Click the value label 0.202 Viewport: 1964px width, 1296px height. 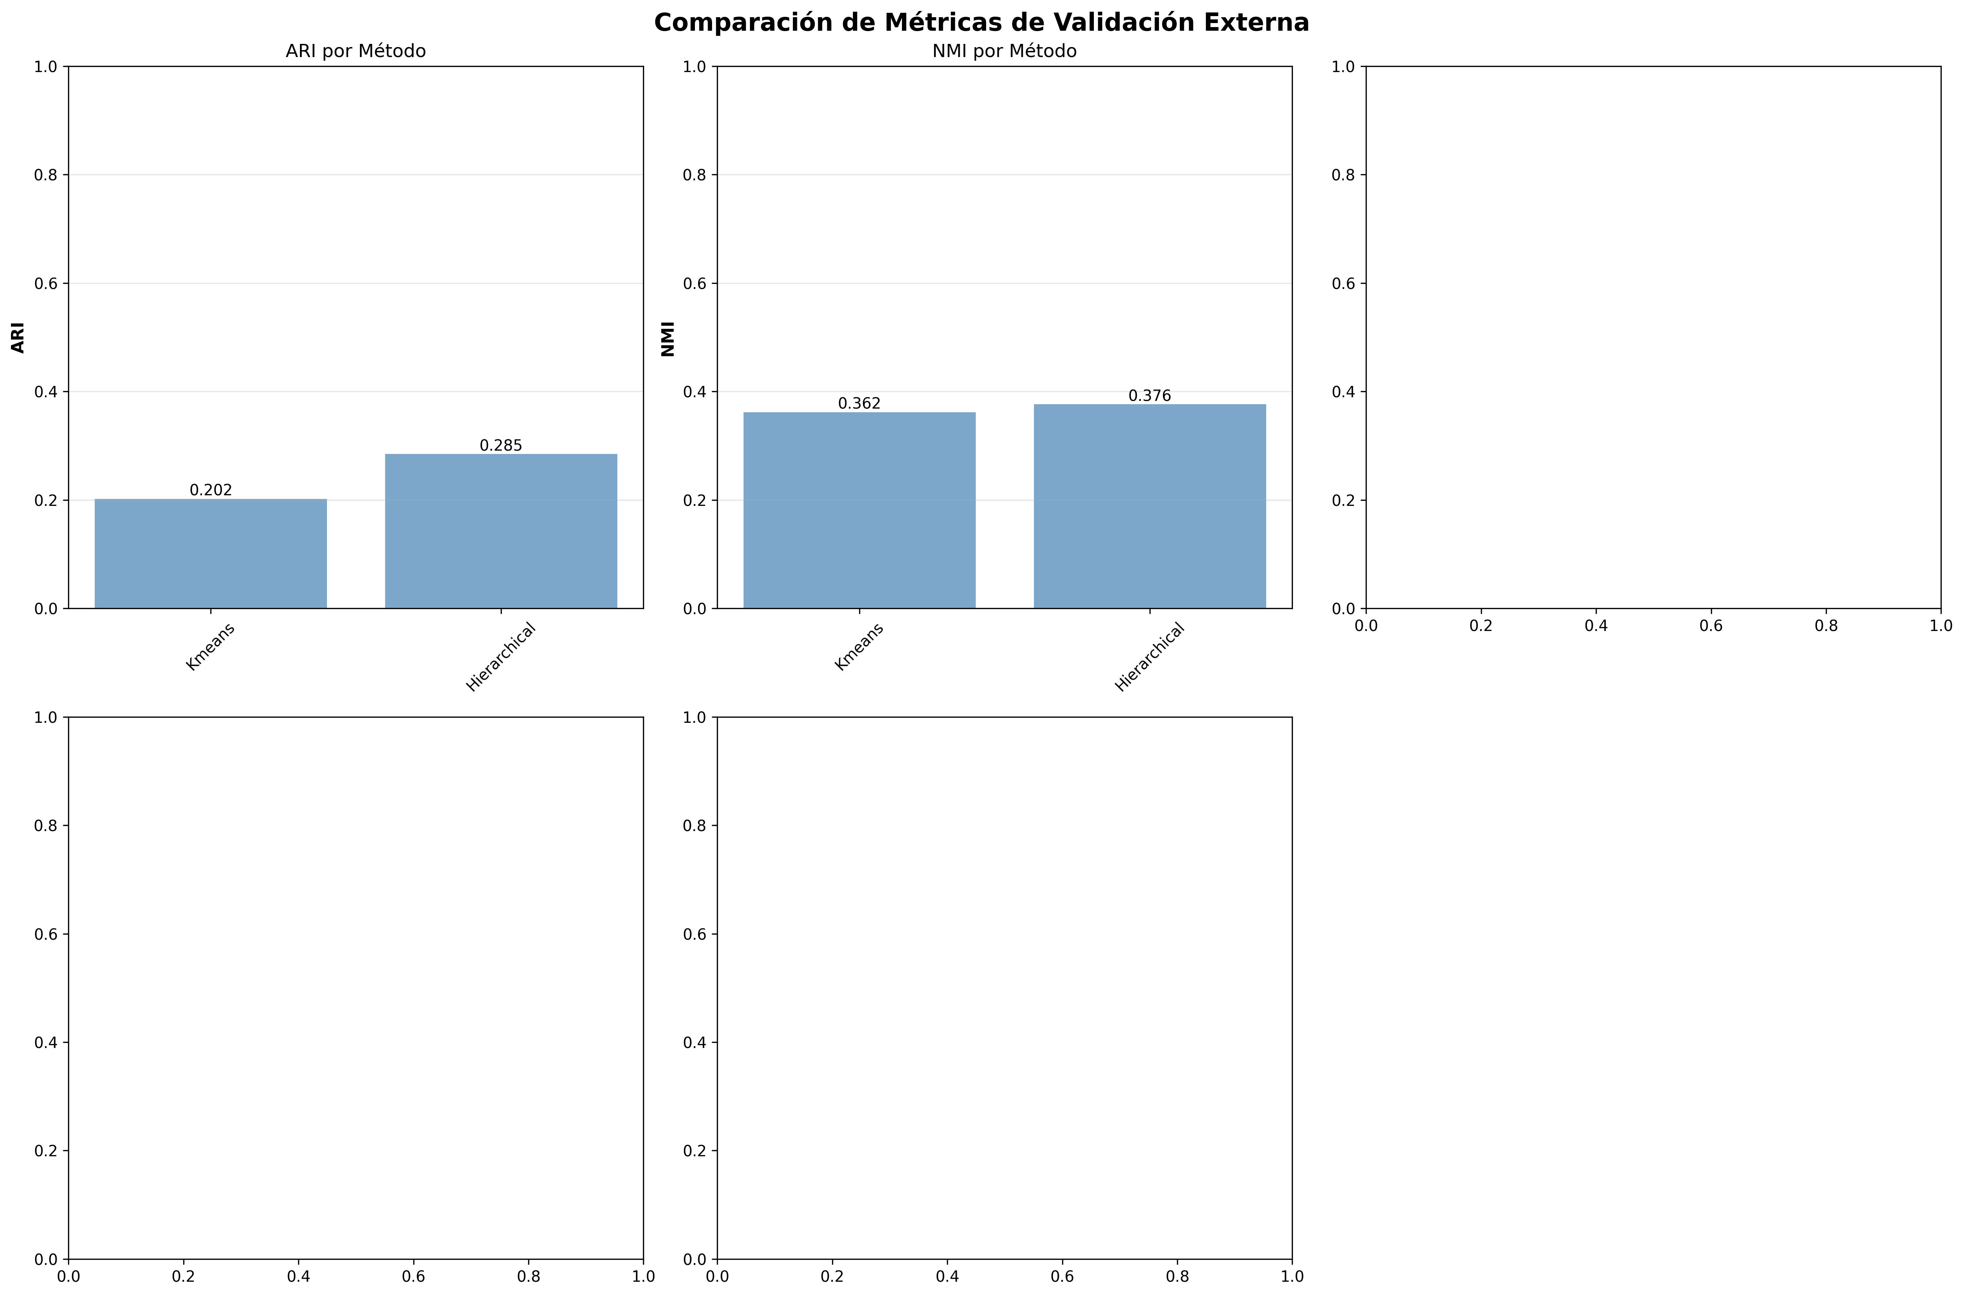point(211,490)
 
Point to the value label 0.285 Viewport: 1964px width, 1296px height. point(501,446)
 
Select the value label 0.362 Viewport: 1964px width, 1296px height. point(859,403)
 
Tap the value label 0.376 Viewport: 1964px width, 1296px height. point(1149,396)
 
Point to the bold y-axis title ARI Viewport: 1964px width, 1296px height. point(18,337)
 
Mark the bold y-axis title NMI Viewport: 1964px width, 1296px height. point(667,339)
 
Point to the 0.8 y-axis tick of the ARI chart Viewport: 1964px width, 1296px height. point(46,175)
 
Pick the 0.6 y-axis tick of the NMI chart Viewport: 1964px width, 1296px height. point(696,283)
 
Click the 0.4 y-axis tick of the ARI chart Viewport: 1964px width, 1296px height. point(46,392)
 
